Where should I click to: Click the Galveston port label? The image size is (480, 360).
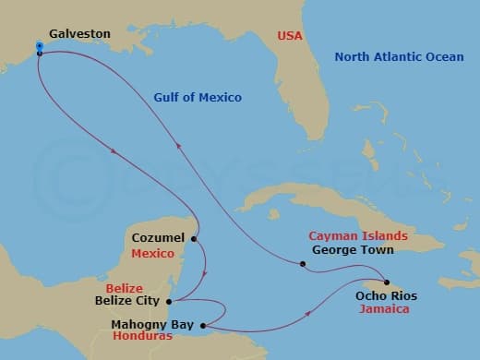point(79,34)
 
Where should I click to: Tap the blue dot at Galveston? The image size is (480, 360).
point(40,45)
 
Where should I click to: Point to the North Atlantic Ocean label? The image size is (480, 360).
point(400,57)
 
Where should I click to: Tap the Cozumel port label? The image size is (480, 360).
point(159,238)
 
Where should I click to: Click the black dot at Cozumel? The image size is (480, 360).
point(193,239)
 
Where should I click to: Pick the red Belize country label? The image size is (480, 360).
point(124,288)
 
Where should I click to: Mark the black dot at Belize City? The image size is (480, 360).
point(169,301)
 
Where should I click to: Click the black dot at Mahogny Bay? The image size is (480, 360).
point(202,324)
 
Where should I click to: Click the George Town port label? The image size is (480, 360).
point(353,249)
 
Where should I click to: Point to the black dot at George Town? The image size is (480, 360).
point(303,265)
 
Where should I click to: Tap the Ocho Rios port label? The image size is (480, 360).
point(386,296)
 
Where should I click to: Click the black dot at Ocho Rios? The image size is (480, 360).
point(386,282)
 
